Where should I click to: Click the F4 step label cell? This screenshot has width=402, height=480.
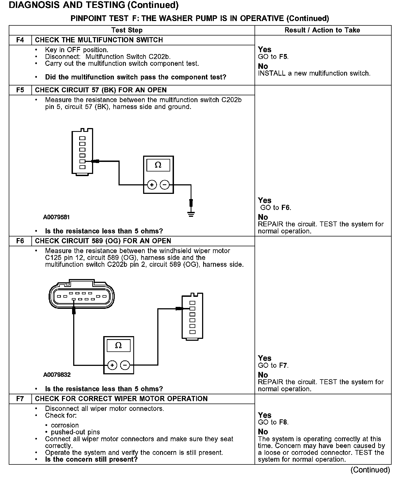(20, 40)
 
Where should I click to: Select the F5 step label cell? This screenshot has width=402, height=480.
(20, 90)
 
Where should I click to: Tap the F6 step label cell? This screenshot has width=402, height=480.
(20, 241)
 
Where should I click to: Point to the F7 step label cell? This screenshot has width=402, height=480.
(20, 399)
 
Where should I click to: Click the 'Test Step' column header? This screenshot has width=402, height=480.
(127, 30)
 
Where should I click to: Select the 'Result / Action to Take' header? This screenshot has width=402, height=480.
(322, 30)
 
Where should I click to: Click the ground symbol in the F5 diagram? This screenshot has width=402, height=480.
(191, 214)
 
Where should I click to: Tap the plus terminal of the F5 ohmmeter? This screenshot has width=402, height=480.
(152, 185)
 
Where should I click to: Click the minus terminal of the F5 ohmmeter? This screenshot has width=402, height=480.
(164, 185)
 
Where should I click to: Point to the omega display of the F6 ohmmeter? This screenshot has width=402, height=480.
(119, 345)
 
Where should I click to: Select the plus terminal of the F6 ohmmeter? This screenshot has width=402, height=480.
(112, 365)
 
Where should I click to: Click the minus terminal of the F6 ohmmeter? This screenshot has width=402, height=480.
(125, 365)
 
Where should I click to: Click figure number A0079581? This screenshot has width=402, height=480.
(57, 217)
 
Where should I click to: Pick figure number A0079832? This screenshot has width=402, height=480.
(57, 375)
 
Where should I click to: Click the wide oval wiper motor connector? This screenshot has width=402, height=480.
(82, 296)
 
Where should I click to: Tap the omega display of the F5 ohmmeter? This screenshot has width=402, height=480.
(158, 165)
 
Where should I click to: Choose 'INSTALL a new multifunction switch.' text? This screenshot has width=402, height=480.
(314, 73)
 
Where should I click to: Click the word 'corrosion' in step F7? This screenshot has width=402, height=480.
(65, 425)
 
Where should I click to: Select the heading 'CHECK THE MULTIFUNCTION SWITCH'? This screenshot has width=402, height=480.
(99, 40)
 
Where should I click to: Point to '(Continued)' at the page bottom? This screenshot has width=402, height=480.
(370, 470)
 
